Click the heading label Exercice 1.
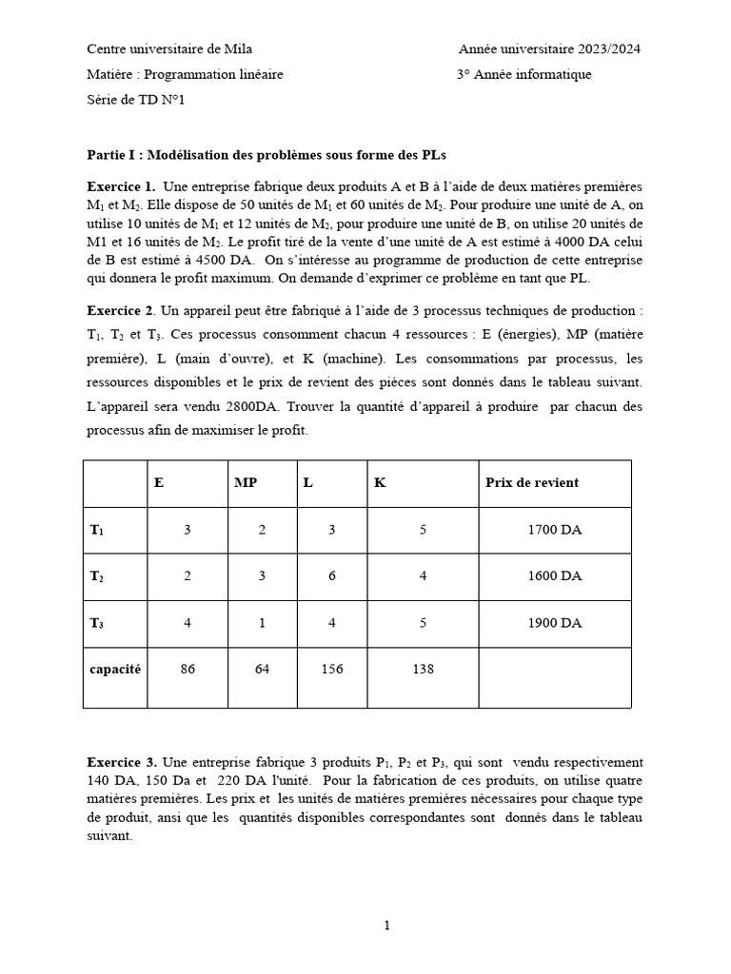[121, 186]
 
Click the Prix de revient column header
[531, 482]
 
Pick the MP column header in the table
[246, 482]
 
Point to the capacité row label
[115, 669]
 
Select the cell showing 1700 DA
[554, 530]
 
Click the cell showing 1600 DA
[554, 576]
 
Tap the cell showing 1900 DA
[554, 623]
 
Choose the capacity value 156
[331, 669]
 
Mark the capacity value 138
[422, 669]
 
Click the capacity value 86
[188, 669]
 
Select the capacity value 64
[262, 669]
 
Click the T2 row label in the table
[97, 576]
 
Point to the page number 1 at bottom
[386, 925]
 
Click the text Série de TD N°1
[135, 100]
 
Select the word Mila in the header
[240, 49]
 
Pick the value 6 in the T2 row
[331, 576]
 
